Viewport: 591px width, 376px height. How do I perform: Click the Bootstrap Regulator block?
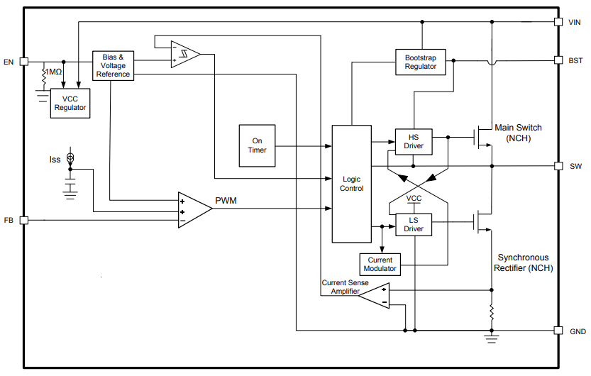point(420,62)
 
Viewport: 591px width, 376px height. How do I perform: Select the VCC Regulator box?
point(70,104)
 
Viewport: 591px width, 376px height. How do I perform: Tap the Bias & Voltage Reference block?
point(113,65)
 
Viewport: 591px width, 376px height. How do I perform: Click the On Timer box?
point(257,145)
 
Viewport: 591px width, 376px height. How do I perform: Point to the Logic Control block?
point(352,184)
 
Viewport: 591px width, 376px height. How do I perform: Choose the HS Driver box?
point(414,141)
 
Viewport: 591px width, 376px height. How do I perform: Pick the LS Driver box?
point(414,224)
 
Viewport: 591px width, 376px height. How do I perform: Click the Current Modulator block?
point(380,265)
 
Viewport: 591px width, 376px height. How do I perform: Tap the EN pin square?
point(23,62)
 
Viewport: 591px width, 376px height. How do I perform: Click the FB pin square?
point(23,220)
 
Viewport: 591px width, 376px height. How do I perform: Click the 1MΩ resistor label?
point(53,72)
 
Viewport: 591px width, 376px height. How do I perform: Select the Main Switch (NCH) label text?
point(518,133)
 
